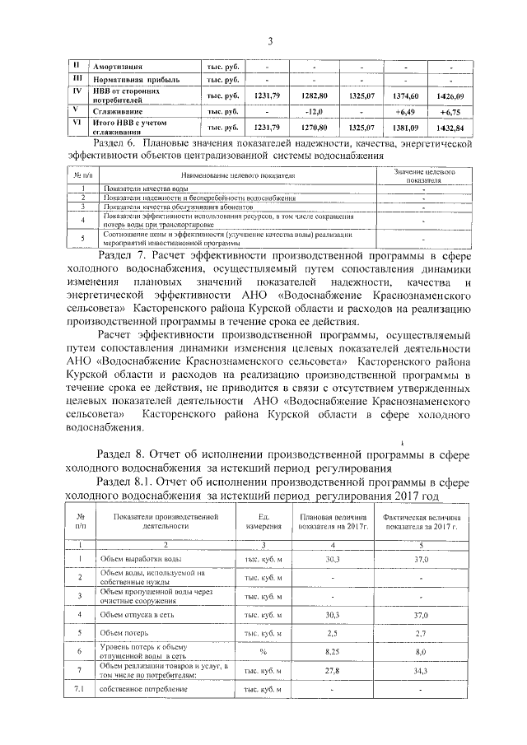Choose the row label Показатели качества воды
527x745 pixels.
coord(151,189)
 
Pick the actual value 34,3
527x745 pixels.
coord(420,670)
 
